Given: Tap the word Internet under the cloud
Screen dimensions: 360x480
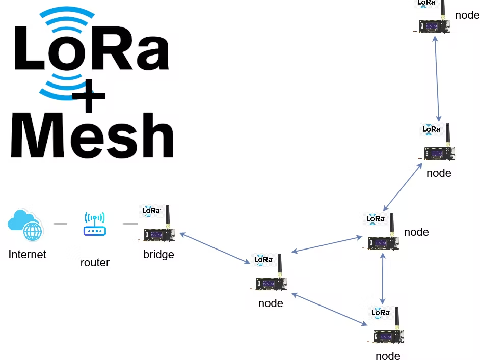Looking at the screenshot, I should pos(28,254).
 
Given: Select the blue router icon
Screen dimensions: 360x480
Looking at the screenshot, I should pos(95,225).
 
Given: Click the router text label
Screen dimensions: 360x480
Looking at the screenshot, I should pos(95,263).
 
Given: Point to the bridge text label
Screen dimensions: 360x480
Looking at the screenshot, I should pos(158,254).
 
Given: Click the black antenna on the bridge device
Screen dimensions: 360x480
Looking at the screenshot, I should pos(167,216).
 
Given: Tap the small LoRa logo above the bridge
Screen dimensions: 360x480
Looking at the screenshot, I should pos(151,210).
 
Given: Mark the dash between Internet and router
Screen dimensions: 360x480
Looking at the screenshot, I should pos(60,223).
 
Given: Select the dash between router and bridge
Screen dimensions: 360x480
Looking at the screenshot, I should pos(130,223).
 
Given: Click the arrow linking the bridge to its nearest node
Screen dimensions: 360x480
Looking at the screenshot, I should pos(215,248).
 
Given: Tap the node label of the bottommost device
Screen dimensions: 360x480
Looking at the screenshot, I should pos(388,355).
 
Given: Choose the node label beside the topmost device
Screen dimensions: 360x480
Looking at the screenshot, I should pos(467,15).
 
